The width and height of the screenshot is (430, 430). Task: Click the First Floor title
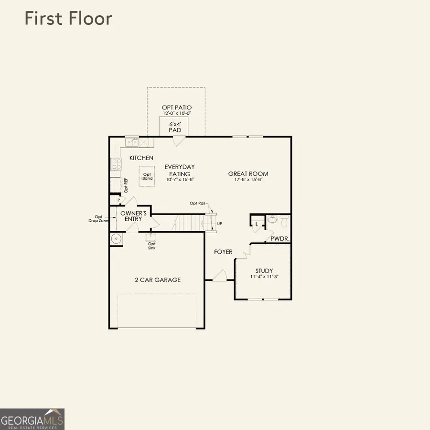pos(68,19)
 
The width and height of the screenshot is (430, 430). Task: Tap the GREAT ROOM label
pos(248,174)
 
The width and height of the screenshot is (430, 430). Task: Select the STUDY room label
pos(264,270)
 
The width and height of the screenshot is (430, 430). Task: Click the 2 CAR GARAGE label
pos(158,280)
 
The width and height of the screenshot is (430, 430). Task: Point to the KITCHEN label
pos(141,158)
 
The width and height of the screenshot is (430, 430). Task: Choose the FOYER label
pos(223,252)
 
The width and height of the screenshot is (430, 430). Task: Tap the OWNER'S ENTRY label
pos(133,216)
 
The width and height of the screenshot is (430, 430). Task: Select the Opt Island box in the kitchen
pos(147,176)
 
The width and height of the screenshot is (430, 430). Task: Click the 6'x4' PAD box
pos(173,127)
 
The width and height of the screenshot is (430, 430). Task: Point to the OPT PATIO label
pos(176,108)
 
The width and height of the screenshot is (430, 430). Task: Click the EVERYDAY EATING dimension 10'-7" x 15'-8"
pos(180,180)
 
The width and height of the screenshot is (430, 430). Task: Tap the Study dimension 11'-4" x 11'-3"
pos(264,277)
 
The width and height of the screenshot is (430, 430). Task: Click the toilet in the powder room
pos(284,221)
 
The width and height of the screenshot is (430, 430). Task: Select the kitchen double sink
pos(132,142)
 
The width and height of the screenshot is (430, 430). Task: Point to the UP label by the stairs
pos(220,224)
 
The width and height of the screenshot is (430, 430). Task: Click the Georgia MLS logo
pos(32,419)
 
